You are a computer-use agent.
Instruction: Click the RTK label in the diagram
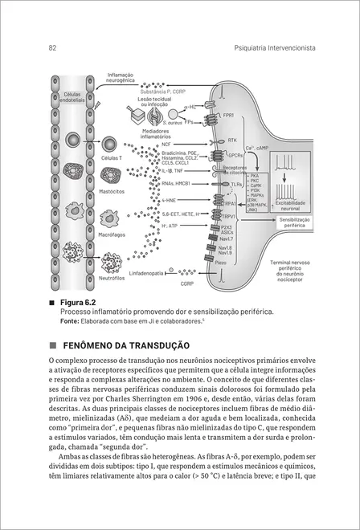[233, 140]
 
